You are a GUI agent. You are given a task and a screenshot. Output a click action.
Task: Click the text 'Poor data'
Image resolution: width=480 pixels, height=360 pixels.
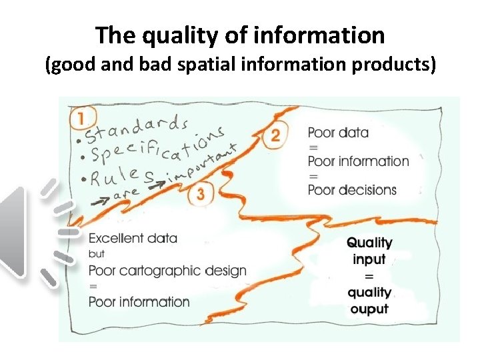click(338, 132)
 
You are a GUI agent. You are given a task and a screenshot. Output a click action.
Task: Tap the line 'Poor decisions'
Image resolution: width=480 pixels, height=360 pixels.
click(352, 189)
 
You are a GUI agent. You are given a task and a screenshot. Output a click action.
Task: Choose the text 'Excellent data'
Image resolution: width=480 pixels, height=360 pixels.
click(133, 238)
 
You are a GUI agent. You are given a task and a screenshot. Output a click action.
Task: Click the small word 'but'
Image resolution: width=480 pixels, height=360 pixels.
click(97, 254)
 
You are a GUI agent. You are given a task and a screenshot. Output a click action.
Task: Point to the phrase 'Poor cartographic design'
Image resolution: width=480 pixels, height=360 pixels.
click(167, 270)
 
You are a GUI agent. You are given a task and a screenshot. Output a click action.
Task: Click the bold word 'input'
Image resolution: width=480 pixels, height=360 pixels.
click(370, 259)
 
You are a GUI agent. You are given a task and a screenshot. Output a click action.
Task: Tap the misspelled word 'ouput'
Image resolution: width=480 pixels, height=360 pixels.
click(369, 309)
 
